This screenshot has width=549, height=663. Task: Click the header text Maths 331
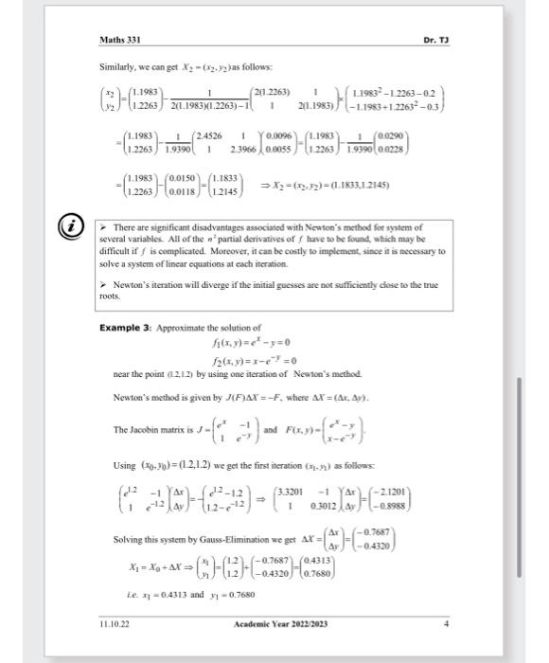click(121, 40)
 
